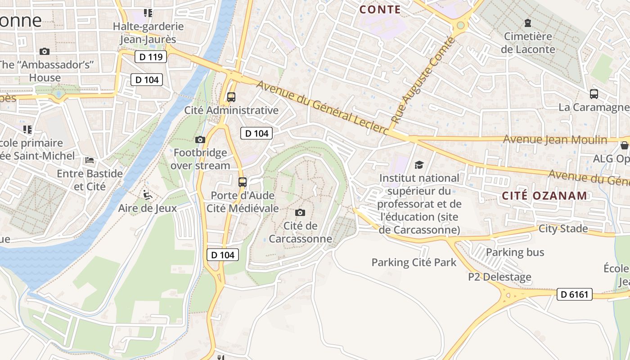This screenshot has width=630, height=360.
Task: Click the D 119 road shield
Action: tap(151, 57)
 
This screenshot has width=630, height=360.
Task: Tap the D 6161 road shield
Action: tap(574, 294)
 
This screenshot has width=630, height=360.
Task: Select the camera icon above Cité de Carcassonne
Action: tap(300, 212)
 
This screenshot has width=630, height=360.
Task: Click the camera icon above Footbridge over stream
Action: tap(200, 140)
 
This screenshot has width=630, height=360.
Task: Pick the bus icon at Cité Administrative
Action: tap(231, 97)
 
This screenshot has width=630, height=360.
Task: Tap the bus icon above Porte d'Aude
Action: tap(243, 182)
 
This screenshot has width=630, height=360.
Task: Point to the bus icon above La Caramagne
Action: tap(594, 94)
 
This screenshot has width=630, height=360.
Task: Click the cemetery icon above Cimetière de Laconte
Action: tap(528, 22)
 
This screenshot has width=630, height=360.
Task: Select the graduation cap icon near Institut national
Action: tap(419, 165)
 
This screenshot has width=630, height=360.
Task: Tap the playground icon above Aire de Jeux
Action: tap(147, 195)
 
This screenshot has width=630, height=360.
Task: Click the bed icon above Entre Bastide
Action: tap(90, 160)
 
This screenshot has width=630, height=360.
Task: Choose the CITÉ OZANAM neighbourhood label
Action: tap(544, 196)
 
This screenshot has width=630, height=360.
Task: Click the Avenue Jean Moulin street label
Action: tap(555, 139)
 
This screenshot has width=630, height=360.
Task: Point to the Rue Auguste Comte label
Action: tap(423, 81)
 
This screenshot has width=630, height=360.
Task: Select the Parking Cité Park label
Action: tap(414, 262)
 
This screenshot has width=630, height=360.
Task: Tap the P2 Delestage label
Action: tap(499, 277)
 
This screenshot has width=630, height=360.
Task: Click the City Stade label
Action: tap(563, 229)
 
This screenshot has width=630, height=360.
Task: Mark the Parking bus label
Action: tap(515, 252)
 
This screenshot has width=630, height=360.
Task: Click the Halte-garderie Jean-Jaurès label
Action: tap(148, 33)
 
